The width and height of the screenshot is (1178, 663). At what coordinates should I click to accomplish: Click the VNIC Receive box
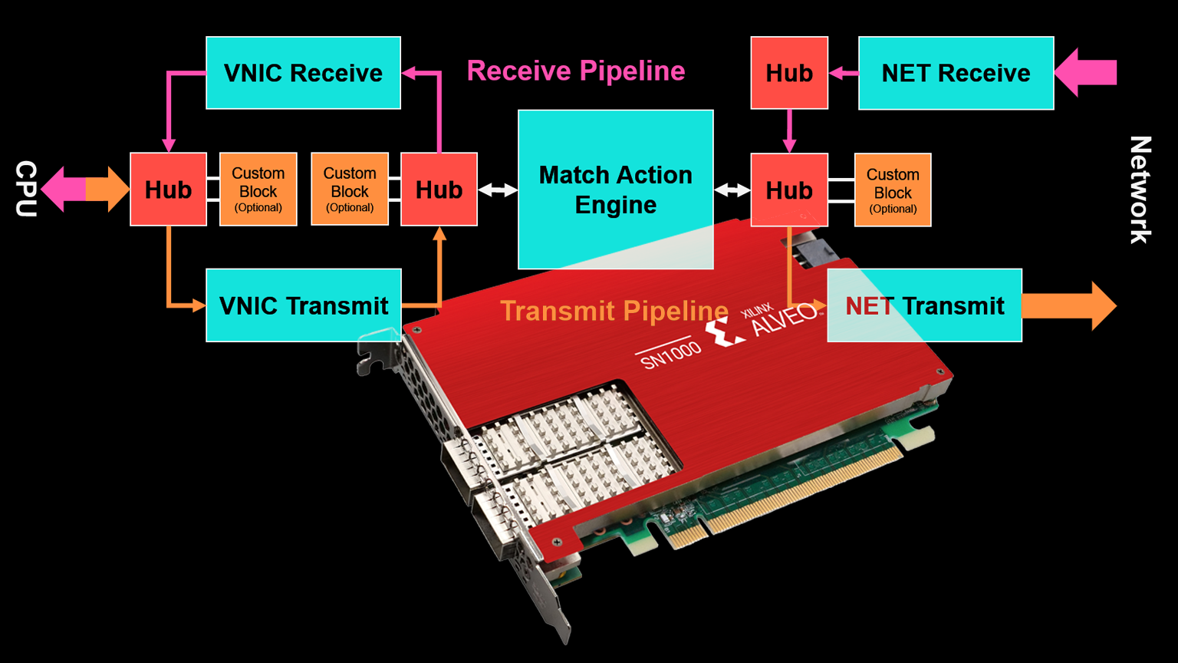click(303, 73)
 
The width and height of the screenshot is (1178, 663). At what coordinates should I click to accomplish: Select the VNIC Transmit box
click(303, 305)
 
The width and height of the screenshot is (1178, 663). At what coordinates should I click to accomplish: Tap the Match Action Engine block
click(615, 189)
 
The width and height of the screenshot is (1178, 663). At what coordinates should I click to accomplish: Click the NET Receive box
click(956, 73)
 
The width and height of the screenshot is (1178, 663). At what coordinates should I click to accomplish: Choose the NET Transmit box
click(924, 305)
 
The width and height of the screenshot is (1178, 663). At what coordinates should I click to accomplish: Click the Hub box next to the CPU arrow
click(168, 190)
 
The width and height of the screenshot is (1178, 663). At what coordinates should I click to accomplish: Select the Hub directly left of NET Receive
click(788, 73)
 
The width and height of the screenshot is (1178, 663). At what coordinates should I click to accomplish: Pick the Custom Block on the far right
click(893, 190)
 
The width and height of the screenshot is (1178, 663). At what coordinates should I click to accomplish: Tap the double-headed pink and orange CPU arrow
click(85, 189)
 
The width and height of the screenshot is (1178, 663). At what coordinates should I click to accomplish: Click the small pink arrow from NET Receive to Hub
click(844, 73)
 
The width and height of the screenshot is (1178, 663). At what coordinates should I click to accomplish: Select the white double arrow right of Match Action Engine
click(732, 190)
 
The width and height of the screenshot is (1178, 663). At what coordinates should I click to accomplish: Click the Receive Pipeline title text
click(575, 71)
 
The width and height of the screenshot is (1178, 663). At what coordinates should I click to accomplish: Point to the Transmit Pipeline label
click(614, 311)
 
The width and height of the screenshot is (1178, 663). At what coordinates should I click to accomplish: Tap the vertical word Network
click(1140, 190)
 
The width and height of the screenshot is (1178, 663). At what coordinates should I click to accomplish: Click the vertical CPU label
click(26, 189)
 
